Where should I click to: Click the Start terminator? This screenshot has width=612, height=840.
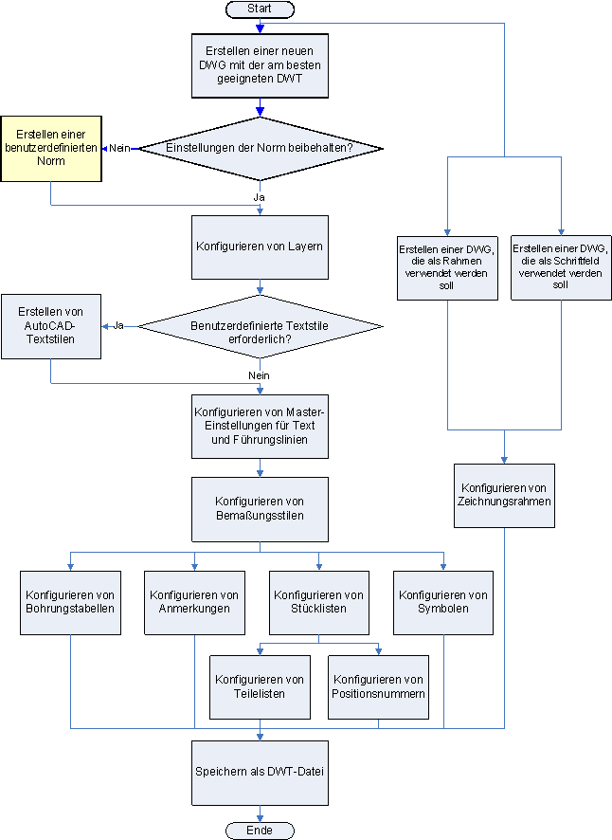(260, 9)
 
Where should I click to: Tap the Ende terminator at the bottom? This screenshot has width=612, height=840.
(260, 831)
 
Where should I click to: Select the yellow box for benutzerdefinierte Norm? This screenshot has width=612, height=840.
(50, 149)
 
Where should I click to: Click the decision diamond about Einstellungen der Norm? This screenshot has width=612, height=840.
(260, 149)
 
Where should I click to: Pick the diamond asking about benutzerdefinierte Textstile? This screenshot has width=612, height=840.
(260, 327)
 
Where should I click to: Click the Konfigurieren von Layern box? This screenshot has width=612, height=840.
(260, 247)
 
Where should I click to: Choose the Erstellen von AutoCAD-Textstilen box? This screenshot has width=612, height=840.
(50, 327)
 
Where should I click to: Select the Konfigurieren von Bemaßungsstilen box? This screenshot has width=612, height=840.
(260, 508)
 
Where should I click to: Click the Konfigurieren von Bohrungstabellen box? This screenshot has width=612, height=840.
(71, 602)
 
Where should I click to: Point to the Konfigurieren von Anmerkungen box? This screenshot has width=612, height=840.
(194, 602)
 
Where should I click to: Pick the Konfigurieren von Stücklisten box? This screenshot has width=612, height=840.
(318, 602)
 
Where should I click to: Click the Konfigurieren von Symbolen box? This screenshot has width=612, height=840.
(443, 602)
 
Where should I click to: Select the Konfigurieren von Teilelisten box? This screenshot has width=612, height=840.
(260, 686)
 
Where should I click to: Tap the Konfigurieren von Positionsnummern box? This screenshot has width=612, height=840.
(379, 686)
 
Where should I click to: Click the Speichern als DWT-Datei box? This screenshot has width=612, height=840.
(260, 772)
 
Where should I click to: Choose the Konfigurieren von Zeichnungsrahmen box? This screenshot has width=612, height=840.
(504, 495)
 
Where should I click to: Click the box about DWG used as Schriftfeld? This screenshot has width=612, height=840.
(560, 266)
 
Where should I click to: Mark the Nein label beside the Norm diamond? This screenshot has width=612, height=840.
(119, 148)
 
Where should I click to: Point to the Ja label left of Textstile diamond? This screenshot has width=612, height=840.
(119, 326)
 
